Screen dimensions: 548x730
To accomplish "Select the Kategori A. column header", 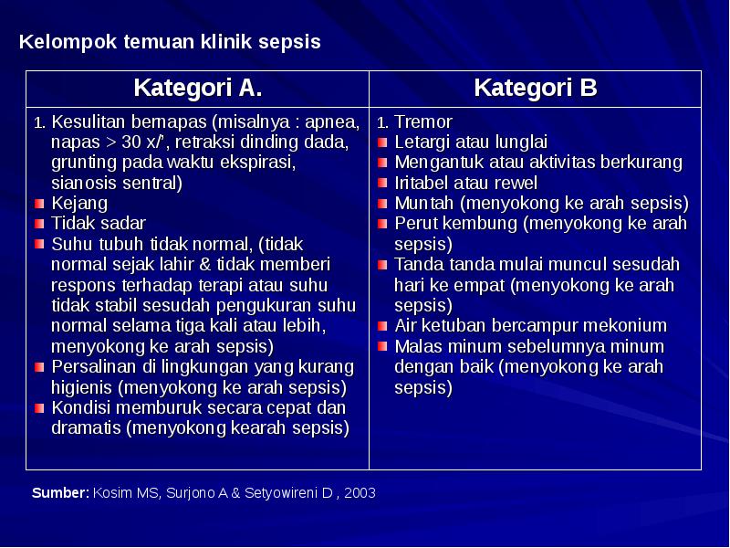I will (197, 89).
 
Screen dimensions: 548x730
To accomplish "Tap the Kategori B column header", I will (536, 89).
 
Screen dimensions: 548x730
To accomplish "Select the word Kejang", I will (78, 203).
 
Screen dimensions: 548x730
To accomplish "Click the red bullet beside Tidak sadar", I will (39, 224).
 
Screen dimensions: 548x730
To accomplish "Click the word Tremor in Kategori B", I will (423, 122).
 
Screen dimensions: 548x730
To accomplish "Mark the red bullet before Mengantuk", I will (383, 163).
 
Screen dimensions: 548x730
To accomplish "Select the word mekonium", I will (626, 326).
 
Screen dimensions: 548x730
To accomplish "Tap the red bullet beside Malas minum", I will (383, 347).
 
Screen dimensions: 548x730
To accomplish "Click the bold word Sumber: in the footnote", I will (60, 493).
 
